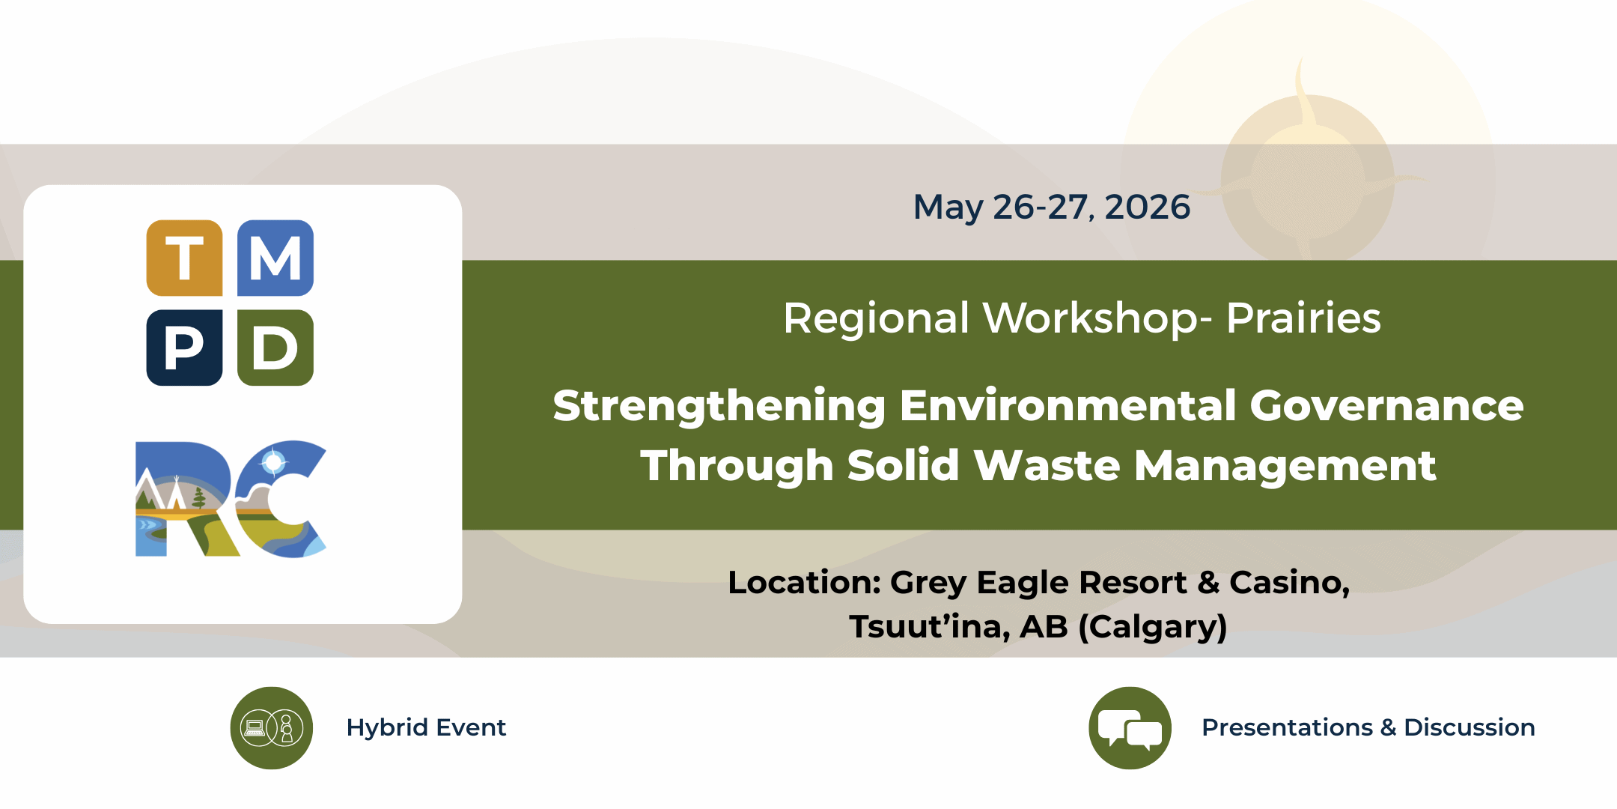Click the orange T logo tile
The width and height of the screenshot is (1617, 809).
click(184, 258)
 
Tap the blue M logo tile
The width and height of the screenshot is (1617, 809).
click(275, 258)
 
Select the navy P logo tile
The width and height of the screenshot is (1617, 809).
click(184, 348)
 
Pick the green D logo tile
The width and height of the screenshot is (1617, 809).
click(275, 348)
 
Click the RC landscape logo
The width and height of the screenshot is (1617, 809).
click(231, 499)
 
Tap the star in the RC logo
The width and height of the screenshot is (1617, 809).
click(274, 462)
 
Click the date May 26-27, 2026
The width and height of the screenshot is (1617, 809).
click(1051, 207)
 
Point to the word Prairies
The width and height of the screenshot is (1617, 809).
click(1303, 318)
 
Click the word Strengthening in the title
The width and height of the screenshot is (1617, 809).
click(719, 407)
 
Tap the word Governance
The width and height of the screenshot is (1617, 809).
click(1386, 405)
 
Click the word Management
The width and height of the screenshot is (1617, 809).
click(1285, 467)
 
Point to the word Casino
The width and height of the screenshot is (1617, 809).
click(1289, 583)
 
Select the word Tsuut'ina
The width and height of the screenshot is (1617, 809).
click(929, 627)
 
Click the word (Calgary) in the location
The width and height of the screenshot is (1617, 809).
click(1153, 627)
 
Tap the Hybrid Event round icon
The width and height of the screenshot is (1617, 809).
click(272, 728)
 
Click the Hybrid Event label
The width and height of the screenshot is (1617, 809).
click(426, 727)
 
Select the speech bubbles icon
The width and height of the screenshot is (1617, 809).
click(1130, 728)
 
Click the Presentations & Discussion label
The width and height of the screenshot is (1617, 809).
click(1368, 727)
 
